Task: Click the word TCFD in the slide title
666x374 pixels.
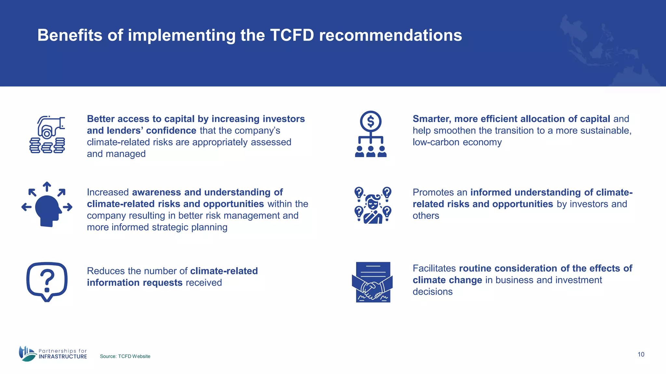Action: [292, 35]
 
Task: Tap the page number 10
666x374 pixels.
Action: [641, 354]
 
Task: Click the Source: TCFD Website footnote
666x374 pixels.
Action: [125, 356]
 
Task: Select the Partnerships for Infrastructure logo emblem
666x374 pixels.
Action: [27, 354]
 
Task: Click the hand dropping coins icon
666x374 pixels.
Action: [47, 134]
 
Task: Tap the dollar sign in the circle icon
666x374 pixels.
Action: [370, 122]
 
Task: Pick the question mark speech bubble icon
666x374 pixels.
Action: [47, 281]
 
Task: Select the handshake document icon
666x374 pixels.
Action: [372, 282]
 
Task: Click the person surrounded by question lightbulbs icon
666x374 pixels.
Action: [373, 205]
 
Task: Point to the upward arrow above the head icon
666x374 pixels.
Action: [47, 186]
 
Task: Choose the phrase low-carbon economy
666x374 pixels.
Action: [457, 142]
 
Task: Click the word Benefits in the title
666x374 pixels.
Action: [70, 35]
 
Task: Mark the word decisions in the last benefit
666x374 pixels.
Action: [432, 292]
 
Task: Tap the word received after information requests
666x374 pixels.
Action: [204, 282]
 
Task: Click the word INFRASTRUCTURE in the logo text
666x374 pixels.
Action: [63, 356]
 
